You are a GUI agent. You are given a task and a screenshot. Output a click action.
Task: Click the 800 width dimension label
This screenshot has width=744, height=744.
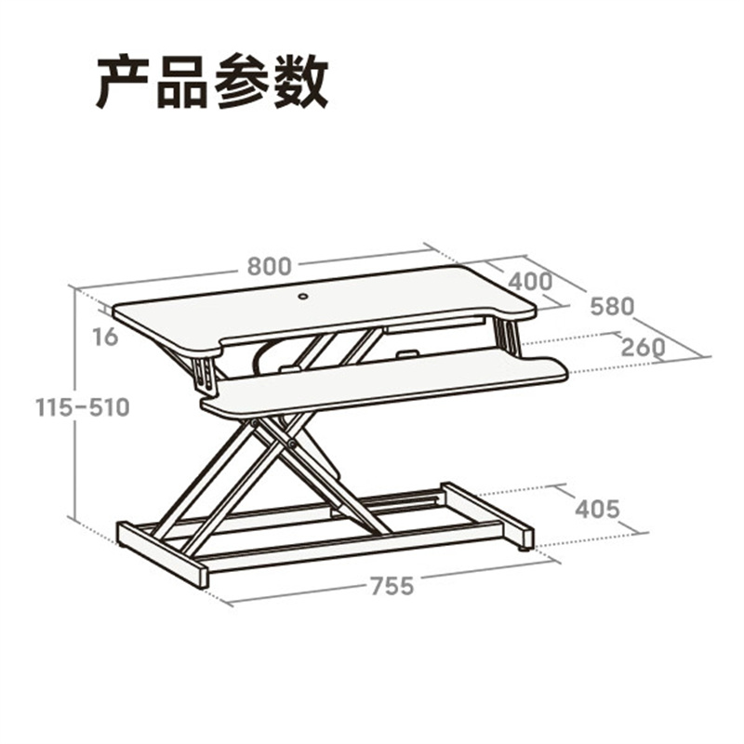269,266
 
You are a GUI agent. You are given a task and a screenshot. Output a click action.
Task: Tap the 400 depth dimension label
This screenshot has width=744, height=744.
530,282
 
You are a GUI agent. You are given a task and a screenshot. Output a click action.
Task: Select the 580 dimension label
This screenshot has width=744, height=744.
612,307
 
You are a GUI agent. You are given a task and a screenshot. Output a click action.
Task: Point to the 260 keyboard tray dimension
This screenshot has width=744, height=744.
643,347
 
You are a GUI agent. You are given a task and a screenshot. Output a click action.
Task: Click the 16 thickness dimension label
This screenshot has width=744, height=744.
105,337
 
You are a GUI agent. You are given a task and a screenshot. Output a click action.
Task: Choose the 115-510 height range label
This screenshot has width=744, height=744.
83,407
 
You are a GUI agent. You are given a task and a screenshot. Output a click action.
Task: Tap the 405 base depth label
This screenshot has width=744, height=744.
597,510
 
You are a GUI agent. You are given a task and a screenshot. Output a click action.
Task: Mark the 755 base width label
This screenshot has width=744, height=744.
392,586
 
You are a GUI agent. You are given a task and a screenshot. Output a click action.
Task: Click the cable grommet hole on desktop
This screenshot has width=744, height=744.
303,297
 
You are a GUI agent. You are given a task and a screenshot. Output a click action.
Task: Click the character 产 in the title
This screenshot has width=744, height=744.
126,82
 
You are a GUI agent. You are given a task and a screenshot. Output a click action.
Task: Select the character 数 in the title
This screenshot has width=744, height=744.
299,82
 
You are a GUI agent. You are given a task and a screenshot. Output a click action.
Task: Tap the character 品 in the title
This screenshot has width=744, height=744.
182,83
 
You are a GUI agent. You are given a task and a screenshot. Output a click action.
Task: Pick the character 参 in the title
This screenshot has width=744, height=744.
242,82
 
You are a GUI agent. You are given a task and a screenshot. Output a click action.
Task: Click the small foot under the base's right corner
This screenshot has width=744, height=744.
524,550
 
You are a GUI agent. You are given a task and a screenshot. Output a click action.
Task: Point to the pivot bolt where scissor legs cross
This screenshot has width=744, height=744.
291,445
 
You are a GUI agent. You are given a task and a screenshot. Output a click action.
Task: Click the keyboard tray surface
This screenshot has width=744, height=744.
384,384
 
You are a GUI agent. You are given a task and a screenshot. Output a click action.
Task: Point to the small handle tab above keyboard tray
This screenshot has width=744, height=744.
407,353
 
